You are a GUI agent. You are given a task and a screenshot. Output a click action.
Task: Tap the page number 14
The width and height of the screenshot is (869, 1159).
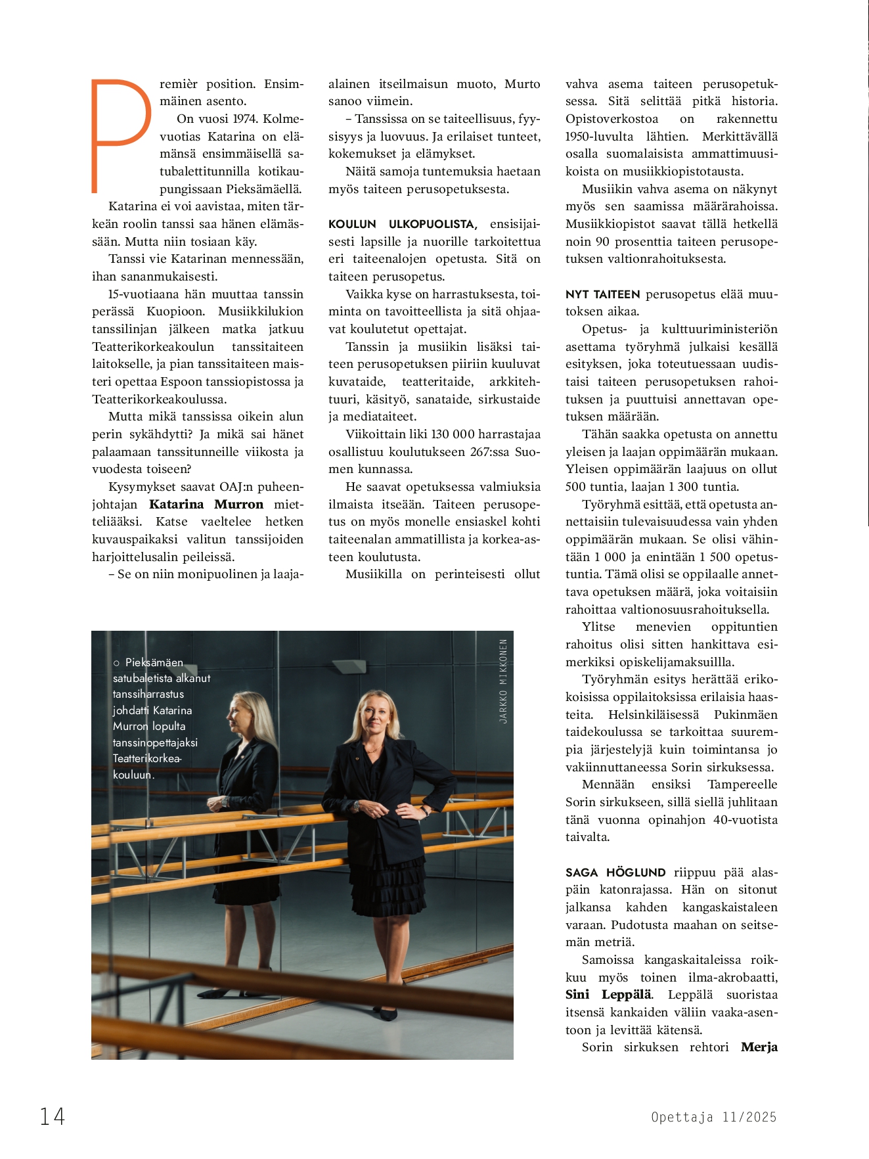point(53,1116)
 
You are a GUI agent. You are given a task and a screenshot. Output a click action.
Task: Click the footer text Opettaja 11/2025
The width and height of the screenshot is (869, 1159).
point(713,1117)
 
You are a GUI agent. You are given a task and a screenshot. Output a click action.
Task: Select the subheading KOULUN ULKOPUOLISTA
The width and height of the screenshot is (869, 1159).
point(403,224)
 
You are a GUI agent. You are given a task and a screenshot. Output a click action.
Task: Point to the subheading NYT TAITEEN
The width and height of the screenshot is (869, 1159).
point(602,294)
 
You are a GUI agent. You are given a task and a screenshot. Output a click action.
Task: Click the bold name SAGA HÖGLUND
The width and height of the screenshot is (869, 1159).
point(615,873)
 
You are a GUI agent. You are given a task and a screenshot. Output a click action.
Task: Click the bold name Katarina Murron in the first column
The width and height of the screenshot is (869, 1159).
point(206,505)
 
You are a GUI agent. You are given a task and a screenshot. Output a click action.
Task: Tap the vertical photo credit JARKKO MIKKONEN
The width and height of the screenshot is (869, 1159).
point(503,681)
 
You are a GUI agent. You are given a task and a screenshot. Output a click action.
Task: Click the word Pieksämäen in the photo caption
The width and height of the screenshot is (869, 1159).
point(154,662)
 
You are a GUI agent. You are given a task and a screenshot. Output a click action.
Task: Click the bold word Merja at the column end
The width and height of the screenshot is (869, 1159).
point(759,1047)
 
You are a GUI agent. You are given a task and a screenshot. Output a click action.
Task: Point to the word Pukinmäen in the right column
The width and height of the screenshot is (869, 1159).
point(746,715)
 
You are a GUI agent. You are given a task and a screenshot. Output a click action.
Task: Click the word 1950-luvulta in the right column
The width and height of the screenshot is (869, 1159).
point(599,137)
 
